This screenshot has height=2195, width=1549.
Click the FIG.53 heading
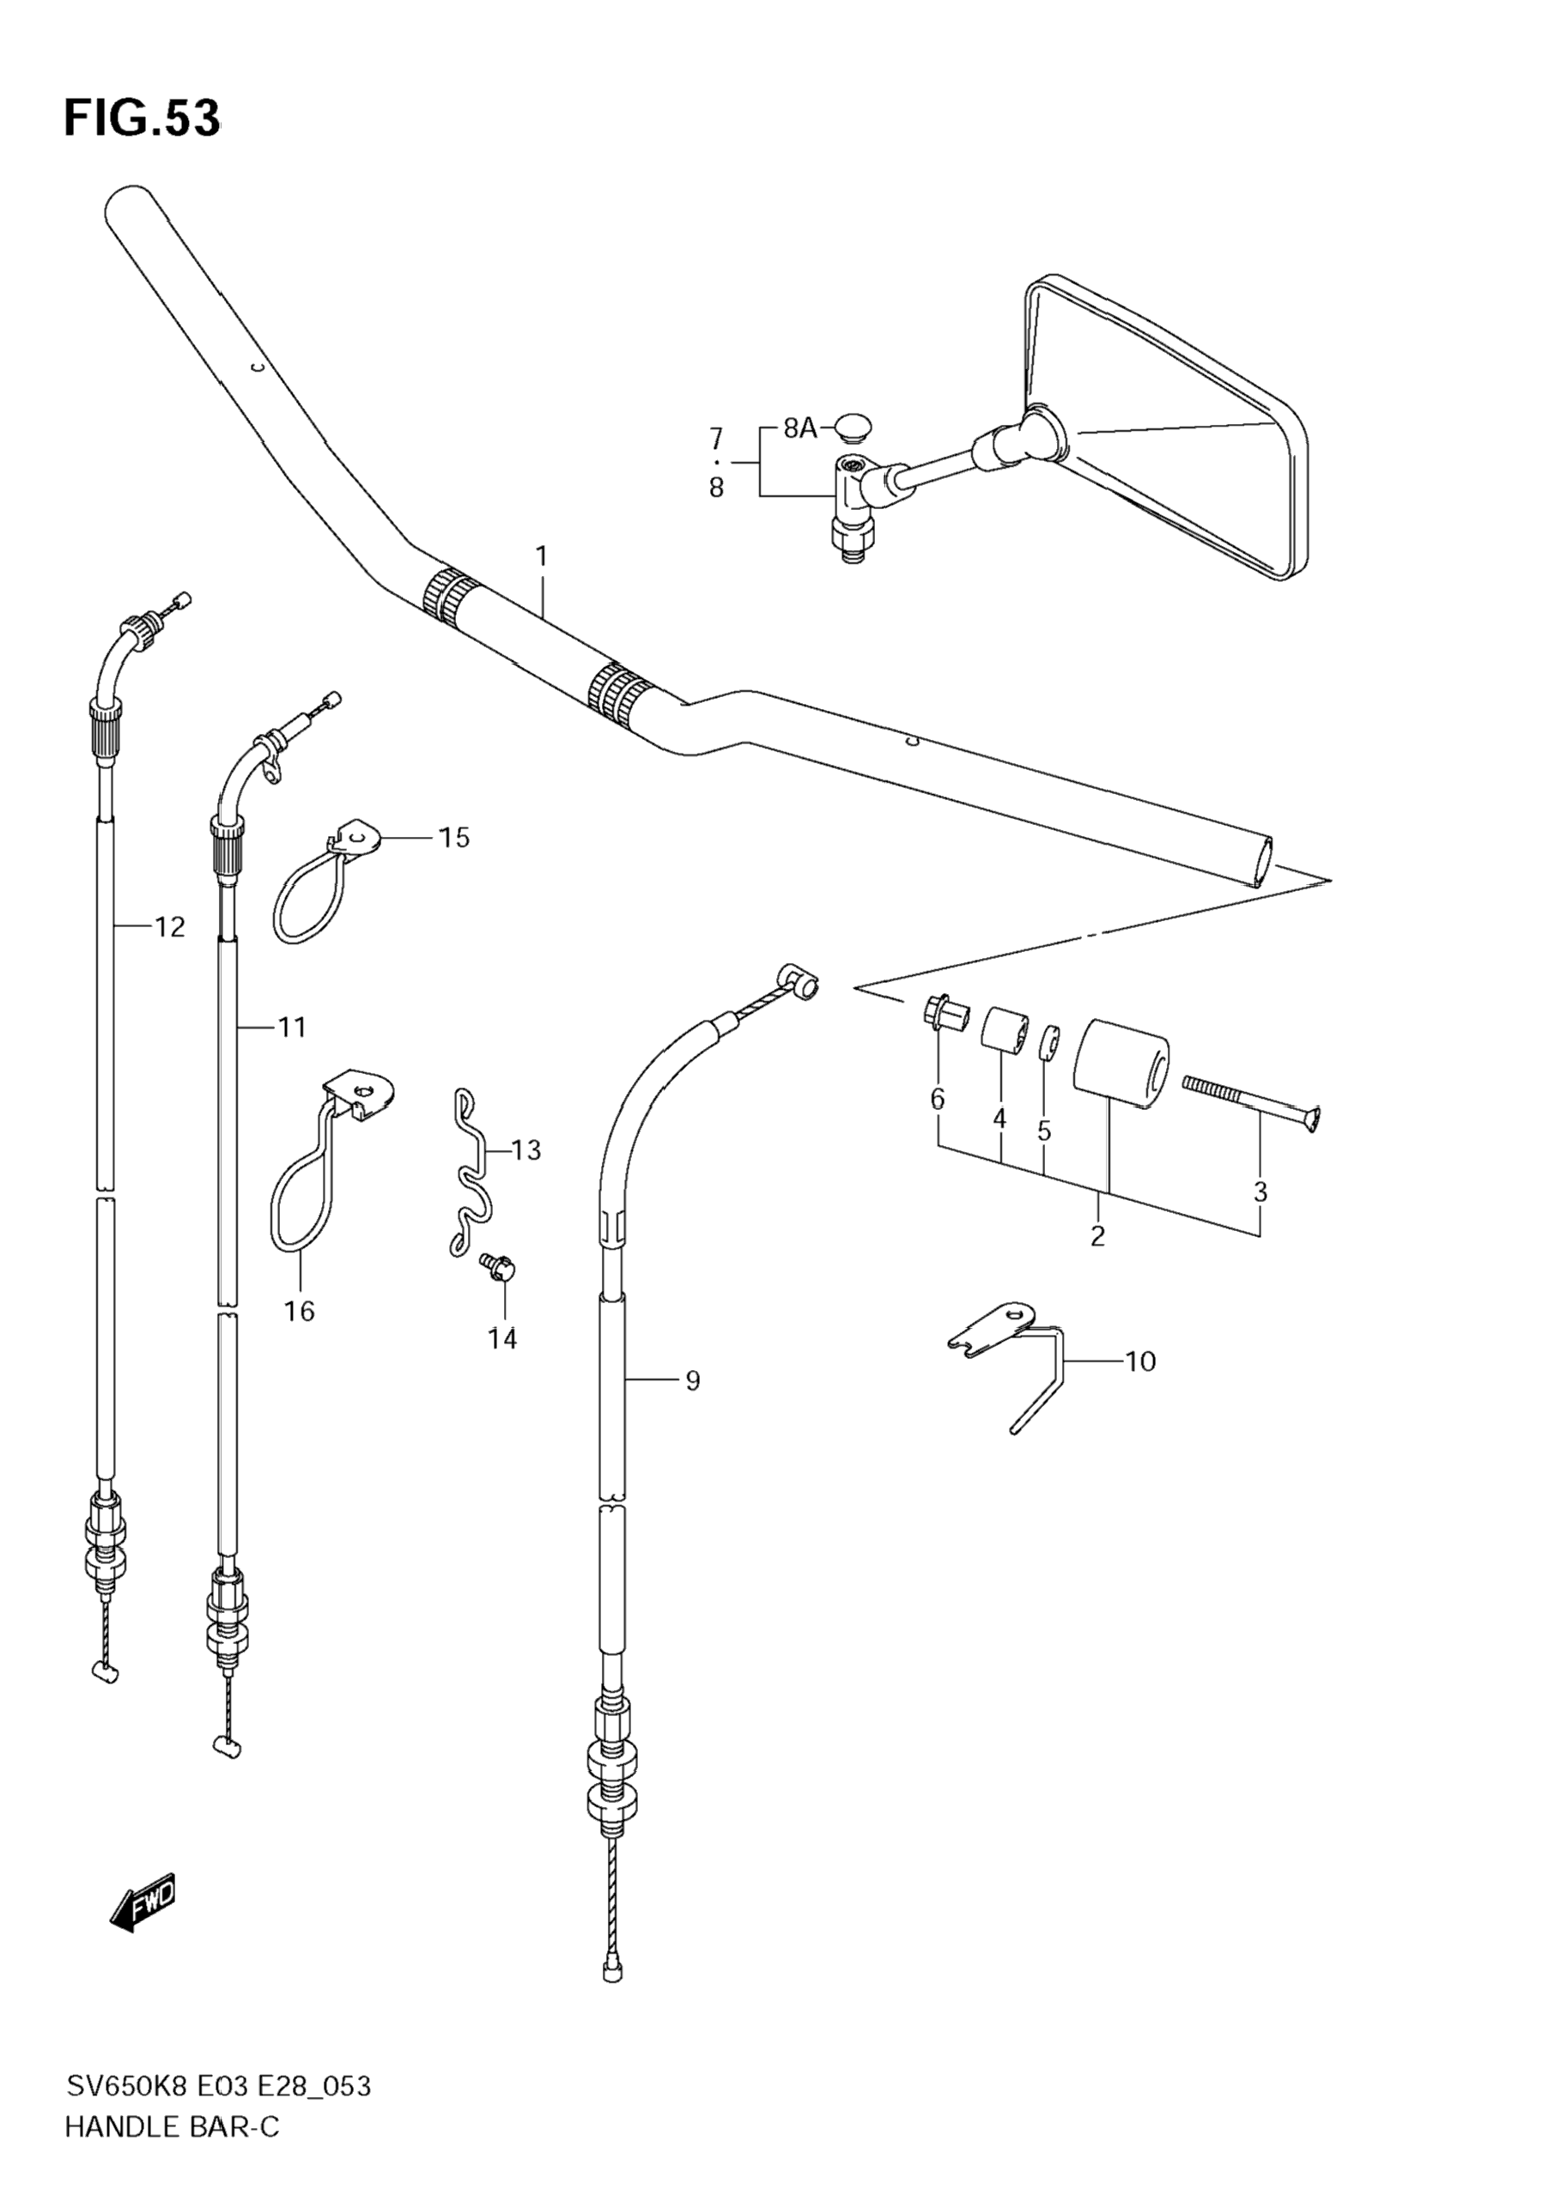point(142,118)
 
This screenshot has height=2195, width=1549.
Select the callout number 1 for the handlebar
point(541,555)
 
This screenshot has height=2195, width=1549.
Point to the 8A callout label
point(800,428)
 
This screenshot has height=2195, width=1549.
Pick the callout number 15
point(454,838)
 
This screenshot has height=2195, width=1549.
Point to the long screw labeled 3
point(1252,1099)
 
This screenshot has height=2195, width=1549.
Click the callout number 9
point(692,1379)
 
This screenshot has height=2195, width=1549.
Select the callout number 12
point(169,926)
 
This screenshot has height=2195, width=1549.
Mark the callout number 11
point(292,1028)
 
